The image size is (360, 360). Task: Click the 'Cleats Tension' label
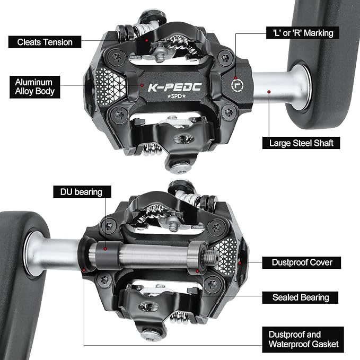(x=45, y=42)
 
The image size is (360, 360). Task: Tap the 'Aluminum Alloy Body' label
(x=34, y=87)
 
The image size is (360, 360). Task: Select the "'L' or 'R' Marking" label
(x=303, y=33)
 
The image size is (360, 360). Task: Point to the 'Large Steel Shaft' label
(x=301, y=143)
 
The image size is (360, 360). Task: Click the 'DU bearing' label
(x=82, y=192)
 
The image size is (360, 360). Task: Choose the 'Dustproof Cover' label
(x=302, y=262)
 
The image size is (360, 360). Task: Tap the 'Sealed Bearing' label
(x=300, y=297)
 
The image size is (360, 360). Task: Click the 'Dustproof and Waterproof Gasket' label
(x=303, y=339)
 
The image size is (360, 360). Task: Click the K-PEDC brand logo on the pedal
(x=175, y=87)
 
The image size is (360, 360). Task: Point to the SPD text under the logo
(x=177, y=96)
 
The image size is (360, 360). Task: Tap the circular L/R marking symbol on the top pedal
(x=237, y=85)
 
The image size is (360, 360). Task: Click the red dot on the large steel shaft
(x=269, y=92)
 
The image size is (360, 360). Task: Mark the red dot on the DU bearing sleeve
(x=105, y=249)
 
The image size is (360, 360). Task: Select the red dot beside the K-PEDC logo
(x=142, y=85)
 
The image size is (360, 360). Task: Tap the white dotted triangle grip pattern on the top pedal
(x=110, y=86)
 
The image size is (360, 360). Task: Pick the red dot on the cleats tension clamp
(x=146, y=40)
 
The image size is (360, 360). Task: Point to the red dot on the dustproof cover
(x=240, y=262)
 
